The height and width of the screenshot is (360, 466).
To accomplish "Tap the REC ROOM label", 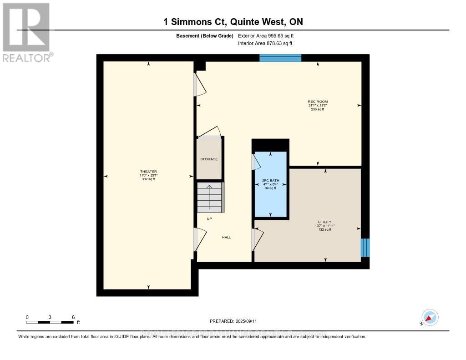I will click(x=318, y=101).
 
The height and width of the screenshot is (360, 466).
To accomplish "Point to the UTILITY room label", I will click(x=324, y=222).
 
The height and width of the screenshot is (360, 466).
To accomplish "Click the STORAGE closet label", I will click(x=209, y=159).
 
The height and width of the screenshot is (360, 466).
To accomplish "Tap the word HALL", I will click(x=226, y=237).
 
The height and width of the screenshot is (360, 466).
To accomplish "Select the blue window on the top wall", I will click(x=280, y=58).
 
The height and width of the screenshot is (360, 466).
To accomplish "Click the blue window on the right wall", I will click(x=365, y=248).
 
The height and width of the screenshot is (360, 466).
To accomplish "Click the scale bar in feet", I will click(x=50, y=322).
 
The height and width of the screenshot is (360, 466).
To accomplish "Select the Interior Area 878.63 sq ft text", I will click(x=265, y=43).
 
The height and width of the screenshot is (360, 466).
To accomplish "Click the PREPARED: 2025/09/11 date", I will click(x=233, y=321).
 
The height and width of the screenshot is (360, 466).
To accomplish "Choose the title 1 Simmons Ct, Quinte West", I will click(x=233, y=22).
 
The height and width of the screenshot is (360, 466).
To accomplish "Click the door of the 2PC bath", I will click(x=256, y=162).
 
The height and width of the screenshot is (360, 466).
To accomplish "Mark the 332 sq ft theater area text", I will click(x=148, y=179).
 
